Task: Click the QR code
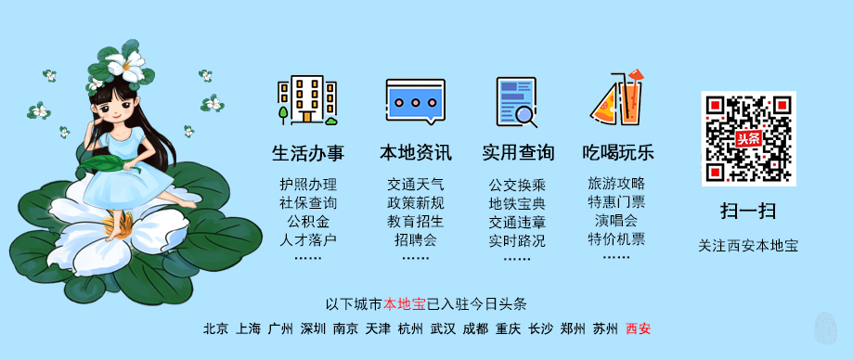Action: [x=748, y=138]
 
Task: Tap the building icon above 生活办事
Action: [x=307, y=100]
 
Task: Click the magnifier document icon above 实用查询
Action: [x=516, y=101]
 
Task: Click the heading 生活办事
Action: [x=307, y=152]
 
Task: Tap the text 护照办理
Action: [x=307, y=184]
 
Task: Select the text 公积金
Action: [x=307, y=222]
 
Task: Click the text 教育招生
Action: [x=415, y=222]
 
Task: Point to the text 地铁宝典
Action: [x=517, y=203]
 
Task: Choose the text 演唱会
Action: [x=616, y=221]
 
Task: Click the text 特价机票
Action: [x=616, y=239]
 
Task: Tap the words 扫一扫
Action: [x=748, y=210]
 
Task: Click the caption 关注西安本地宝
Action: [x=748, y=246]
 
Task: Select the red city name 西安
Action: [x=638, y=328]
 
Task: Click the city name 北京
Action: [x=215, y=328]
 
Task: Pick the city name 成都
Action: [x=475, y=328]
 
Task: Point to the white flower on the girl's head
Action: [x=124, y=63]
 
